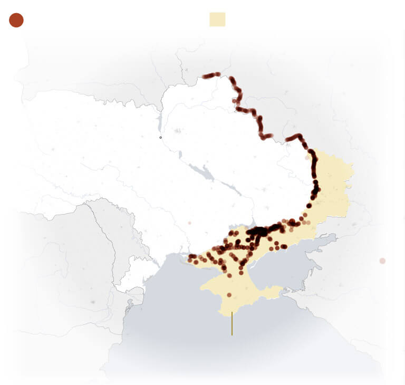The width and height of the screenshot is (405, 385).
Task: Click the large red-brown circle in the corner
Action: pyautogui.click(x=16, y=20)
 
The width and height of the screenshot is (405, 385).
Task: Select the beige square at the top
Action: pyautogui.click(x=217, y=20)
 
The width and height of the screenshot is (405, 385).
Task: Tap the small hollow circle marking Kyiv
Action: pyautogui.click(x=161, y=138)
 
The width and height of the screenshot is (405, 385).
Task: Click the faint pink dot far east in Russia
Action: pyautogui.click(x=382, y=261)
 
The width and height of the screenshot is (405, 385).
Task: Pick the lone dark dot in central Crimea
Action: pyautogui.click(x=229, y=295)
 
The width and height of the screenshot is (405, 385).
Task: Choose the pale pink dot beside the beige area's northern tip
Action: pyautogui.click(x=307, y=157)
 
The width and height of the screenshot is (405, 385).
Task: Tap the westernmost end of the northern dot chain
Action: pyautogui.click(x=205, y=76)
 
